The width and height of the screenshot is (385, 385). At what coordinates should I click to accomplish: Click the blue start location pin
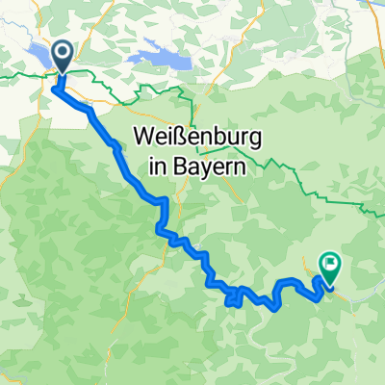tap(62, 56)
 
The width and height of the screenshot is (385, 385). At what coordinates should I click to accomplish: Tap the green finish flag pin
tap(329, 265)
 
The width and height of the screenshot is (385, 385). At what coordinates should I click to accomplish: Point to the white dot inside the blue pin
tap(62, 54)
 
